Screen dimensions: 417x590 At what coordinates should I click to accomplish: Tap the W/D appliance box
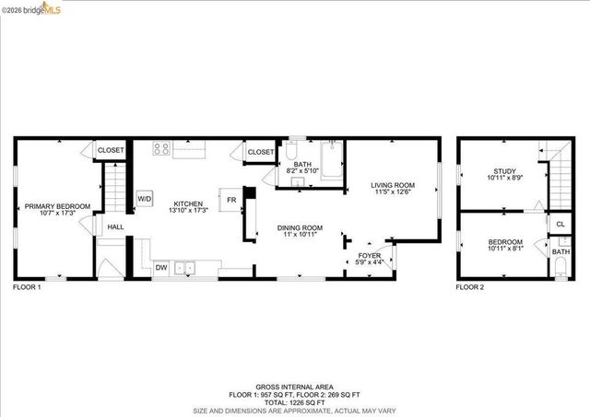click(145, 198)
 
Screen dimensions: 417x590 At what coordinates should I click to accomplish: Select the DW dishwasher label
click(161, 268)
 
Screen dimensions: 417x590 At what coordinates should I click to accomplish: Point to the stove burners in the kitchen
click(160, 147)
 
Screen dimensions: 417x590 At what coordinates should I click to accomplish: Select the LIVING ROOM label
click(393, 188)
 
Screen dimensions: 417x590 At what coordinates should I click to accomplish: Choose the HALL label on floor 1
click(115, 226)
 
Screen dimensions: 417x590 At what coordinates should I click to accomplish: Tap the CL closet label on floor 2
click(560, 224)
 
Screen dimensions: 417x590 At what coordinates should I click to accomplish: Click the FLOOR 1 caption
click(27, 287)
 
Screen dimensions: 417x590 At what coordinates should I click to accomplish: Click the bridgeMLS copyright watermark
click(30, 8)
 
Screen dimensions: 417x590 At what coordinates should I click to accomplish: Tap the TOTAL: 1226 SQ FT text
click(294, 402)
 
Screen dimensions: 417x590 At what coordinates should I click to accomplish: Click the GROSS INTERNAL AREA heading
click(294, 387)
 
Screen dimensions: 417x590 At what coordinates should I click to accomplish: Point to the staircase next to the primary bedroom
click(112, 188)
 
